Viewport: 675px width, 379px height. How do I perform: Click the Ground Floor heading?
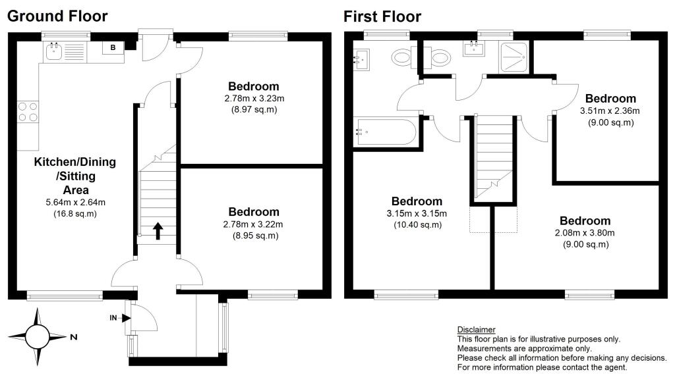click(x=57, y=16)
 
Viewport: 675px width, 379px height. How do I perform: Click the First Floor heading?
click(x=382, y=16)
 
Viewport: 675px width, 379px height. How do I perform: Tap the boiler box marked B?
click(x=113, y=47)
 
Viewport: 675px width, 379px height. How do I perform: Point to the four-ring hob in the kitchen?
click(x=28, y=111)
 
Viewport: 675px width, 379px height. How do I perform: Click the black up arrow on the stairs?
click(x=158, y=230)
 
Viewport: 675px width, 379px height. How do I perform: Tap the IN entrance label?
click(x=113, y=318)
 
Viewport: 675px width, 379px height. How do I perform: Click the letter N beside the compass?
click(x=74, y=338)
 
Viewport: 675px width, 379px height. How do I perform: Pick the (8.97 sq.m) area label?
click(x=254, y=110)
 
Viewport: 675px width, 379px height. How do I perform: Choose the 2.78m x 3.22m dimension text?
click(x=254, y=224)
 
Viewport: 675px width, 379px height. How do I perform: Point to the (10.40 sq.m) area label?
click(x=417, y=224)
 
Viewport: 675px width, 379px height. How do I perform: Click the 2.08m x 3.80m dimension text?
click(x=585, y=233)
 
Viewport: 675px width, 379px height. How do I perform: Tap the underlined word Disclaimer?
click(x=477, y=330)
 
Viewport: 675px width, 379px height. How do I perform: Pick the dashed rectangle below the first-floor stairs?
click(x=492, y=218)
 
